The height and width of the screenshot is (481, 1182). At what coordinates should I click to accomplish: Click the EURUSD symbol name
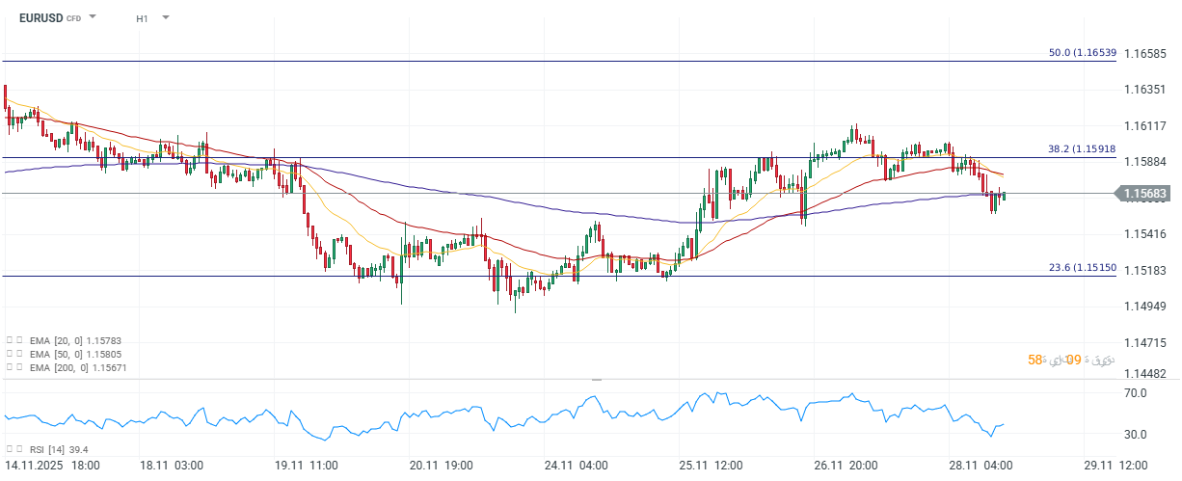(x=40, y=17)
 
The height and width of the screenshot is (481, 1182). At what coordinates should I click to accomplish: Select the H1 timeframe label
(x=142, y=18)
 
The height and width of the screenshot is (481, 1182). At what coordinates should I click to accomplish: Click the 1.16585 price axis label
(x=1146, y=53)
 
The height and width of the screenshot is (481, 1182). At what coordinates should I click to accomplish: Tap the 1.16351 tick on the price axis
(x=1146, y=90)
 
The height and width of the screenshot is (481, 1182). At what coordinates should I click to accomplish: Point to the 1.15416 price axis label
(x=1146, y=233)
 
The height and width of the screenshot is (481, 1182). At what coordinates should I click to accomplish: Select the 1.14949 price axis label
(x=1146, y=307)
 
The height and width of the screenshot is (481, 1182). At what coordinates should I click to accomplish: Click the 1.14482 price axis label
(x=1146, y=373)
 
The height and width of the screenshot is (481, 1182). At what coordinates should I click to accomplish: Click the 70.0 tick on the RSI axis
(x=1135, y=393)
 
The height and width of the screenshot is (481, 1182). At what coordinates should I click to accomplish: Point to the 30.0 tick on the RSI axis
(x=1135, y=434)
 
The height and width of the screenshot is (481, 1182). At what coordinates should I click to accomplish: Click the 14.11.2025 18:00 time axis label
(x=50, y=466)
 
